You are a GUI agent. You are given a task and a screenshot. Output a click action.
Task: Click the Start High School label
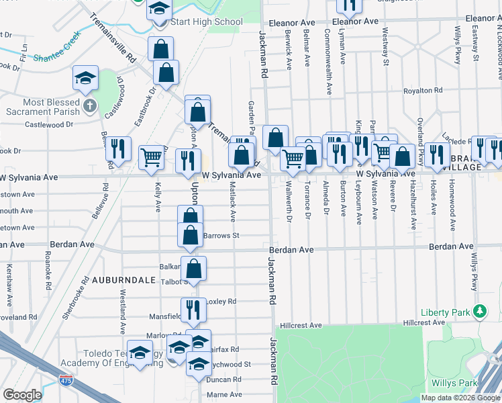pyautogui.click(x=207, y=22)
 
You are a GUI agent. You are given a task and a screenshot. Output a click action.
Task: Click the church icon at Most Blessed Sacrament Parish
pyautogui.click(x=90, y=106)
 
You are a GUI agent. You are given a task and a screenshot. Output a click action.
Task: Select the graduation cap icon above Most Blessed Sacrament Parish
pyautogui.click(x=86, y=79)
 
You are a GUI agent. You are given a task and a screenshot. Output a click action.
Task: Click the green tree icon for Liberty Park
pyautogui.click(x=479, y=312)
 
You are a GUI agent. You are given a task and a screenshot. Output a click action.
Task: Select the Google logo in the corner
pyautogui.click(x=23, y=394)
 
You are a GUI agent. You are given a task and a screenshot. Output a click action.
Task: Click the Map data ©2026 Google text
pyautogui.click(x=460, y=398)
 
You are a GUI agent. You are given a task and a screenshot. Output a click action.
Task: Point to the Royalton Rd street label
pyautogui.click(x=423, y=91)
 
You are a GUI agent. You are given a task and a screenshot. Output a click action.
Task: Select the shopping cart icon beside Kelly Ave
pyautogui.click(x=152, y=157)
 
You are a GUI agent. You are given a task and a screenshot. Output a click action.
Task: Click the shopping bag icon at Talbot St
pyautogui.click(x=193, y=269)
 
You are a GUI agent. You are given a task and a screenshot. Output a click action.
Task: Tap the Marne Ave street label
pyautogui.click(x=224, y=396)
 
